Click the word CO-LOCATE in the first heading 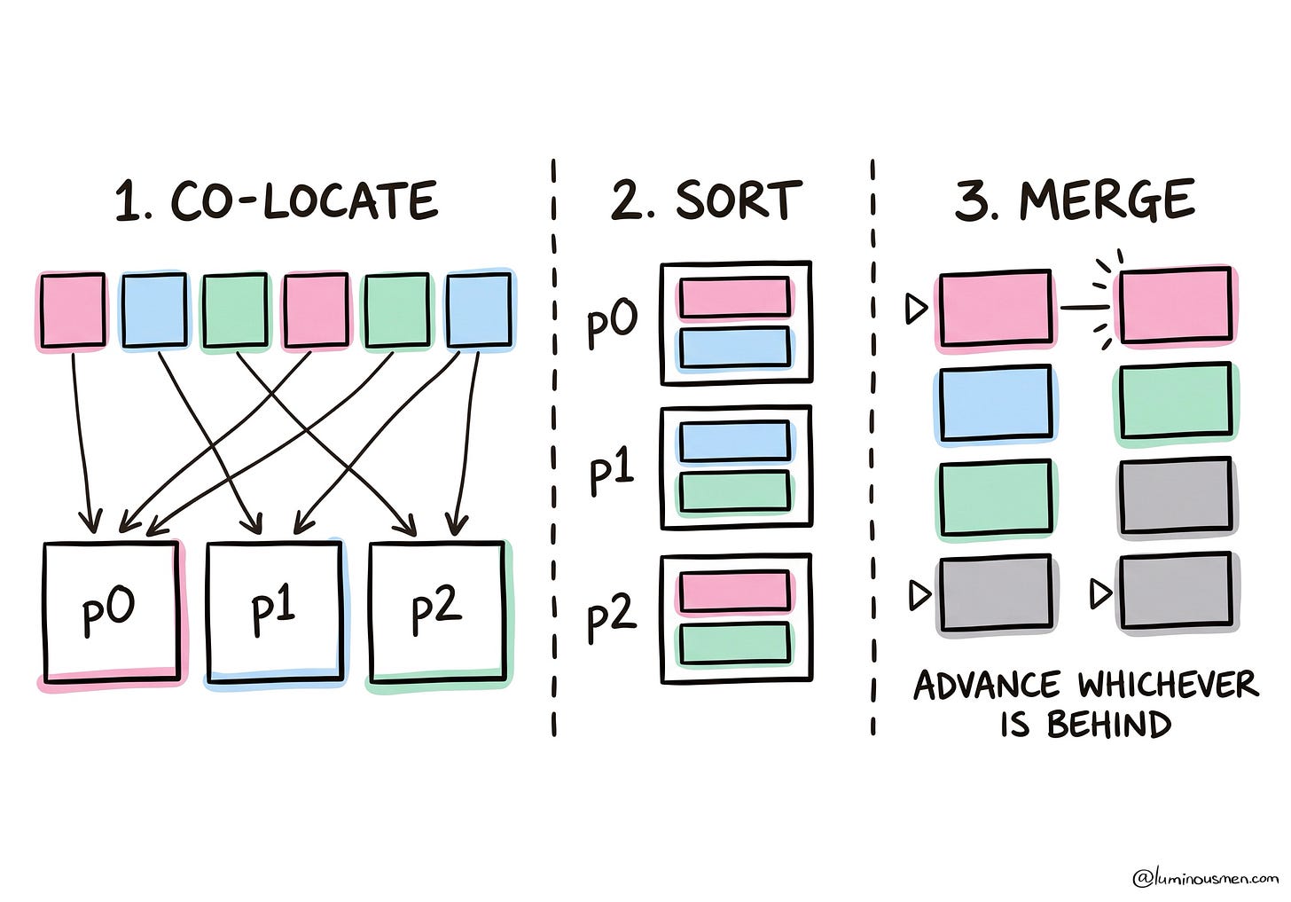pos(304,200)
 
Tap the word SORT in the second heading pos(739,200)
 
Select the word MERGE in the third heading pos(1107,200)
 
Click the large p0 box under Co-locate pos(112,612)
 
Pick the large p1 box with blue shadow pos(275,611)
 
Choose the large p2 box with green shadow pos(438,612)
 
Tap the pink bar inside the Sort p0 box pos(735,297)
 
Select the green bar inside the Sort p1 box pos(735,491)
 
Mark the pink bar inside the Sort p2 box pos(735,591)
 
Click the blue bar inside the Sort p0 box pos(735,348)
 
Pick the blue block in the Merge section pos(996,404)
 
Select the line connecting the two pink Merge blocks pos(1084,308)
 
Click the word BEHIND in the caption pos(1109,725)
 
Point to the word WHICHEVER pos(1169,686)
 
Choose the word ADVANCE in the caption pos(987,686)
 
